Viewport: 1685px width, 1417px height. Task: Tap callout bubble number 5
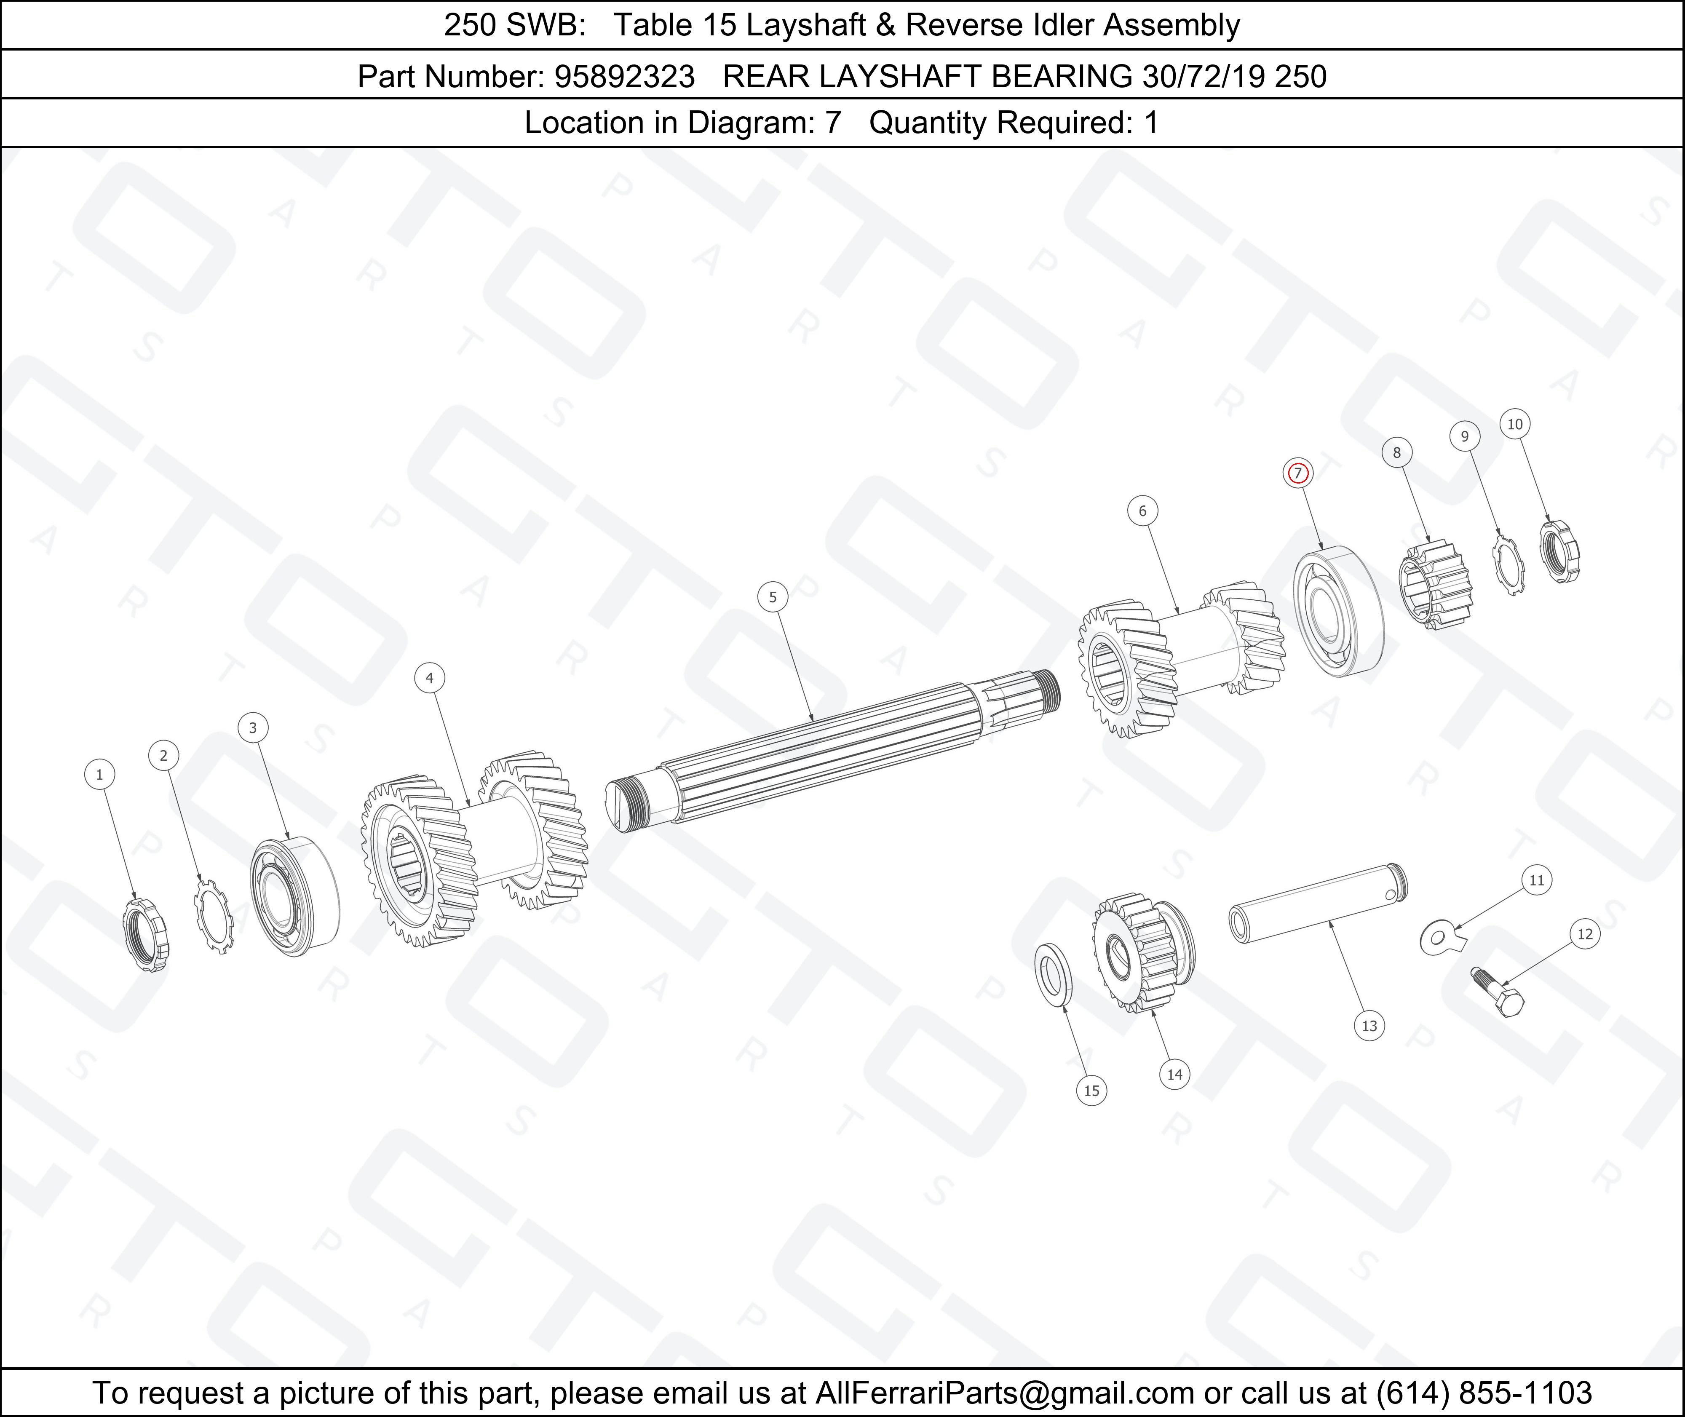pyautogui.click(x=773, y=597)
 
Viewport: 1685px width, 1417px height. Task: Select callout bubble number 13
pyautogui.click(x=1369, y=1026)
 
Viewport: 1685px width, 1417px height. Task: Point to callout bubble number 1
pyautogui.click(x=99, y=774)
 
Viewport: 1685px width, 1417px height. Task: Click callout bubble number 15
pyautogui.click(x=1091, y=1091)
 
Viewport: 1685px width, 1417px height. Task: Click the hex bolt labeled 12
pyautogui.click(x=1498, y=993)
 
